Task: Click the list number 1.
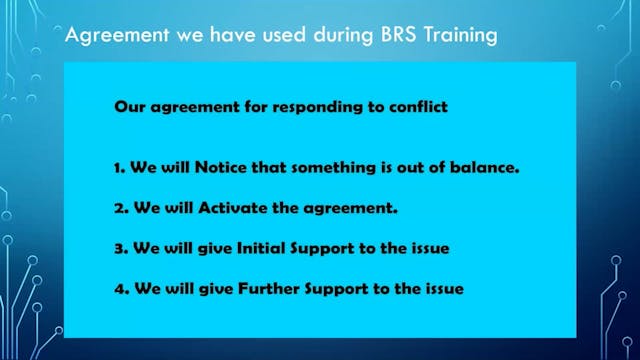tap(118, 167)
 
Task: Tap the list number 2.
tap(118, 207)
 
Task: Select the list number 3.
tap(118, 248)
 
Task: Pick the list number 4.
tap(118, 289)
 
